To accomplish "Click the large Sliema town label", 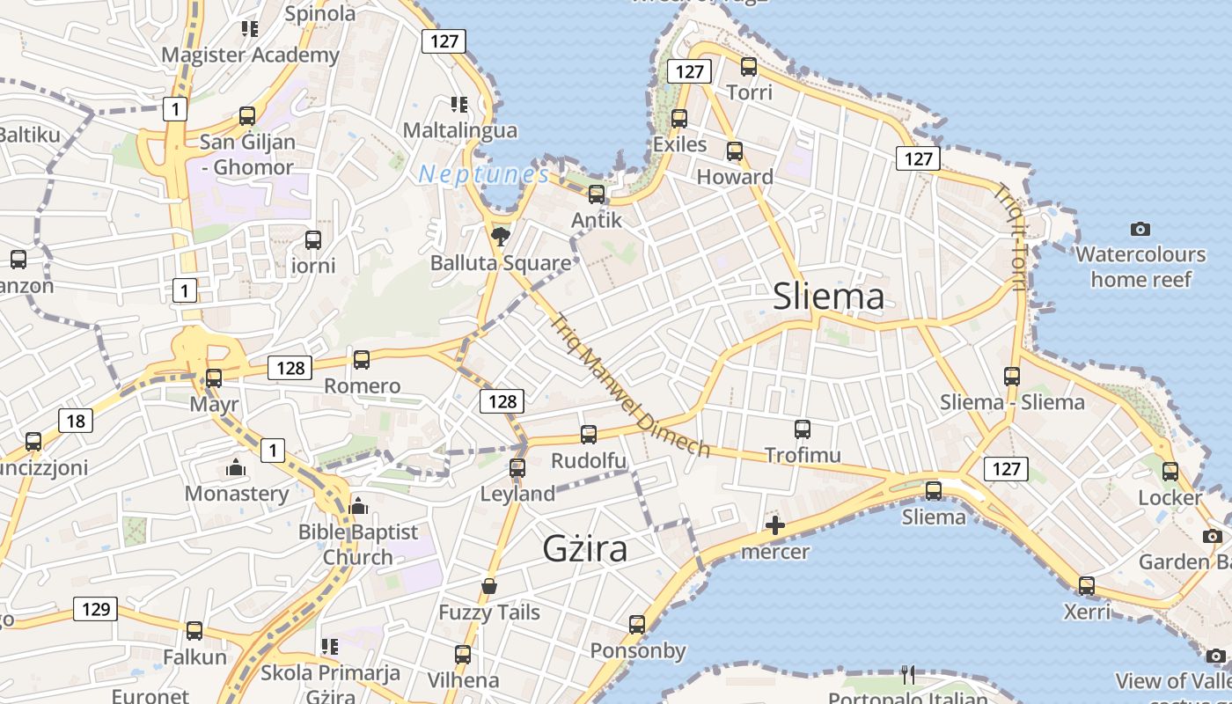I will coord(828,297).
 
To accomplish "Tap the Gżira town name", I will coord(585,548).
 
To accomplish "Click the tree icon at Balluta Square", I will coord(501,236).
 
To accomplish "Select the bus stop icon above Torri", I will coord(749,66).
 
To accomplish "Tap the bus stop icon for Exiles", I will coord(679,119).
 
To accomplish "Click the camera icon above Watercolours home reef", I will coord(1140,229).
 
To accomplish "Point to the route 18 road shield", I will coord(76,421).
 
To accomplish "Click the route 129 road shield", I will coord(95,608).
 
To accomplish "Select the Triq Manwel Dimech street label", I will coord(629,385).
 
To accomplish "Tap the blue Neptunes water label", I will coord(484,174).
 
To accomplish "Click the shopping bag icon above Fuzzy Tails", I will coord(489,586).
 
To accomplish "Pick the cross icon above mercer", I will coord(774,526).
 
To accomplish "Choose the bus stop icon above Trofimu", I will coord(803,429).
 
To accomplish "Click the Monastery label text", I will coord(236,493).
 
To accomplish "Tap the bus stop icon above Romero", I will coord(362,359).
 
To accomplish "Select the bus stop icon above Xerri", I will coord(1087,585).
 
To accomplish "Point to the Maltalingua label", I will coord(460,130).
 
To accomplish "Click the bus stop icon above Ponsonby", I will coord(637,625).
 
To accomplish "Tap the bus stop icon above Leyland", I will coord(517,467).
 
